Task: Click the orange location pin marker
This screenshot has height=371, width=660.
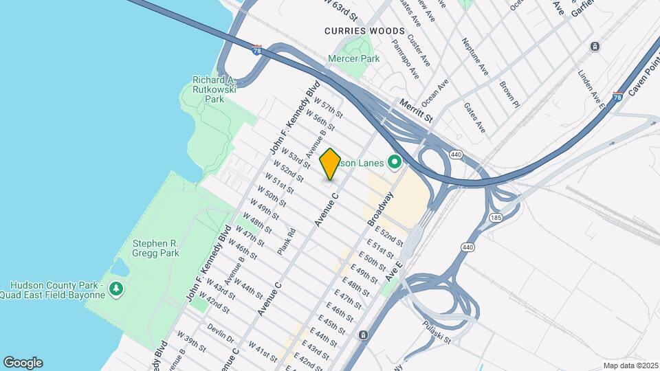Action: click(x=330, y=164)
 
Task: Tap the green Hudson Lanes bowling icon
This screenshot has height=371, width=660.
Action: click(x=394, y=163)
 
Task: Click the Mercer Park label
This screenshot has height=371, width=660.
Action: click(x=354, y=59)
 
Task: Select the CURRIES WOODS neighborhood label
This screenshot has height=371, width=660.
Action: click(x=355, y=31)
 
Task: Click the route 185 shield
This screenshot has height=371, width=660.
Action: click(x=495, y=217)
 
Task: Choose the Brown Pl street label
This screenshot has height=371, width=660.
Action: click(x=509, y=95)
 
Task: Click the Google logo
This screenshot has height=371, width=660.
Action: click(x=23, y=363)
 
